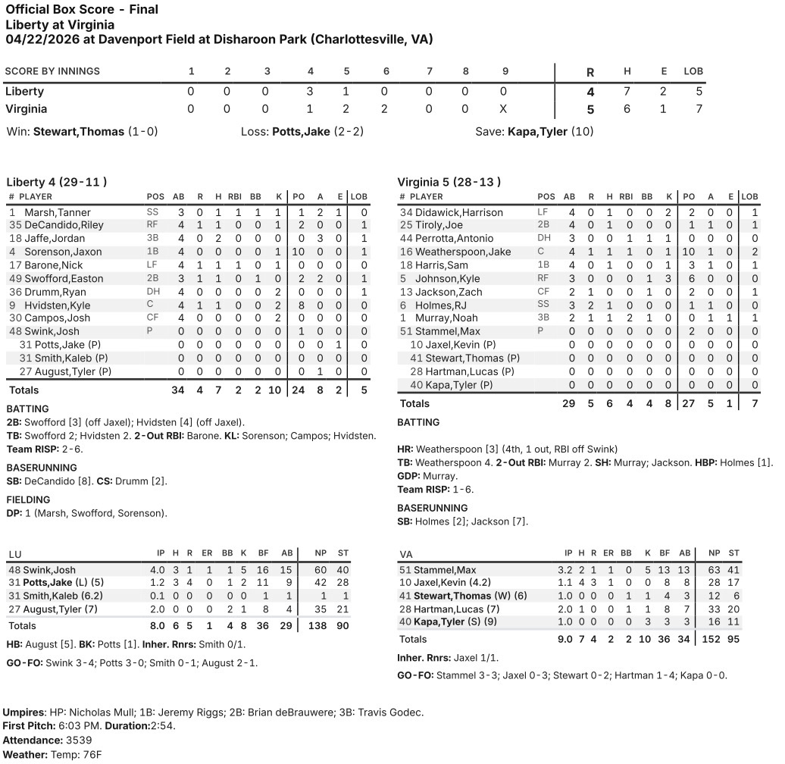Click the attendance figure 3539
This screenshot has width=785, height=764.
tap(77, 740)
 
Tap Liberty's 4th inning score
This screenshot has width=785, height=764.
tap(310, 92)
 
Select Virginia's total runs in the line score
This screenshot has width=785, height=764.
tap(590, 109)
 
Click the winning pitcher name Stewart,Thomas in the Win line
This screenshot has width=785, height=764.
tap(78, 132)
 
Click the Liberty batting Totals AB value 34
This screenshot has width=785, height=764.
tap(178, 390)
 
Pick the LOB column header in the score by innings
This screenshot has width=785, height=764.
tap(693, 71)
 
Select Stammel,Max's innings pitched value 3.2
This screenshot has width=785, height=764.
tap(568, 570)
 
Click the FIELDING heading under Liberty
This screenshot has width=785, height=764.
tap(28, 499)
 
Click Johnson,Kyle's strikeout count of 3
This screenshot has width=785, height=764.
tap(668, 279)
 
